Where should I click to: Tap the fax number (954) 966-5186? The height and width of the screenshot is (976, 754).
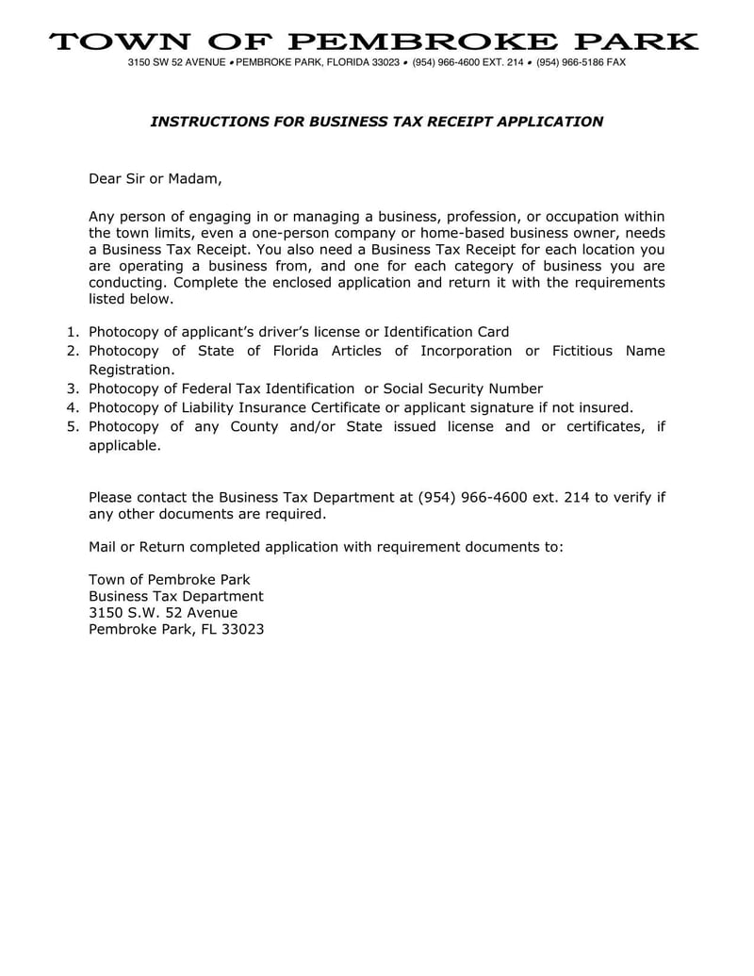569,62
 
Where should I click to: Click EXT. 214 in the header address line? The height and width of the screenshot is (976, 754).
500,62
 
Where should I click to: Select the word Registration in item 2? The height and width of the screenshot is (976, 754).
130,370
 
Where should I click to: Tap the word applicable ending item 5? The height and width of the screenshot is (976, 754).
123,446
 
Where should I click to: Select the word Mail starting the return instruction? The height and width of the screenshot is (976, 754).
102,547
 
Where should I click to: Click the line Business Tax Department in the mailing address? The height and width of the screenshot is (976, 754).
175,597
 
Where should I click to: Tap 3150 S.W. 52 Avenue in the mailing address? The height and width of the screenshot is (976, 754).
162,613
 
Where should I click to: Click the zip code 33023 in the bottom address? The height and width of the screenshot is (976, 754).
242,630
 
